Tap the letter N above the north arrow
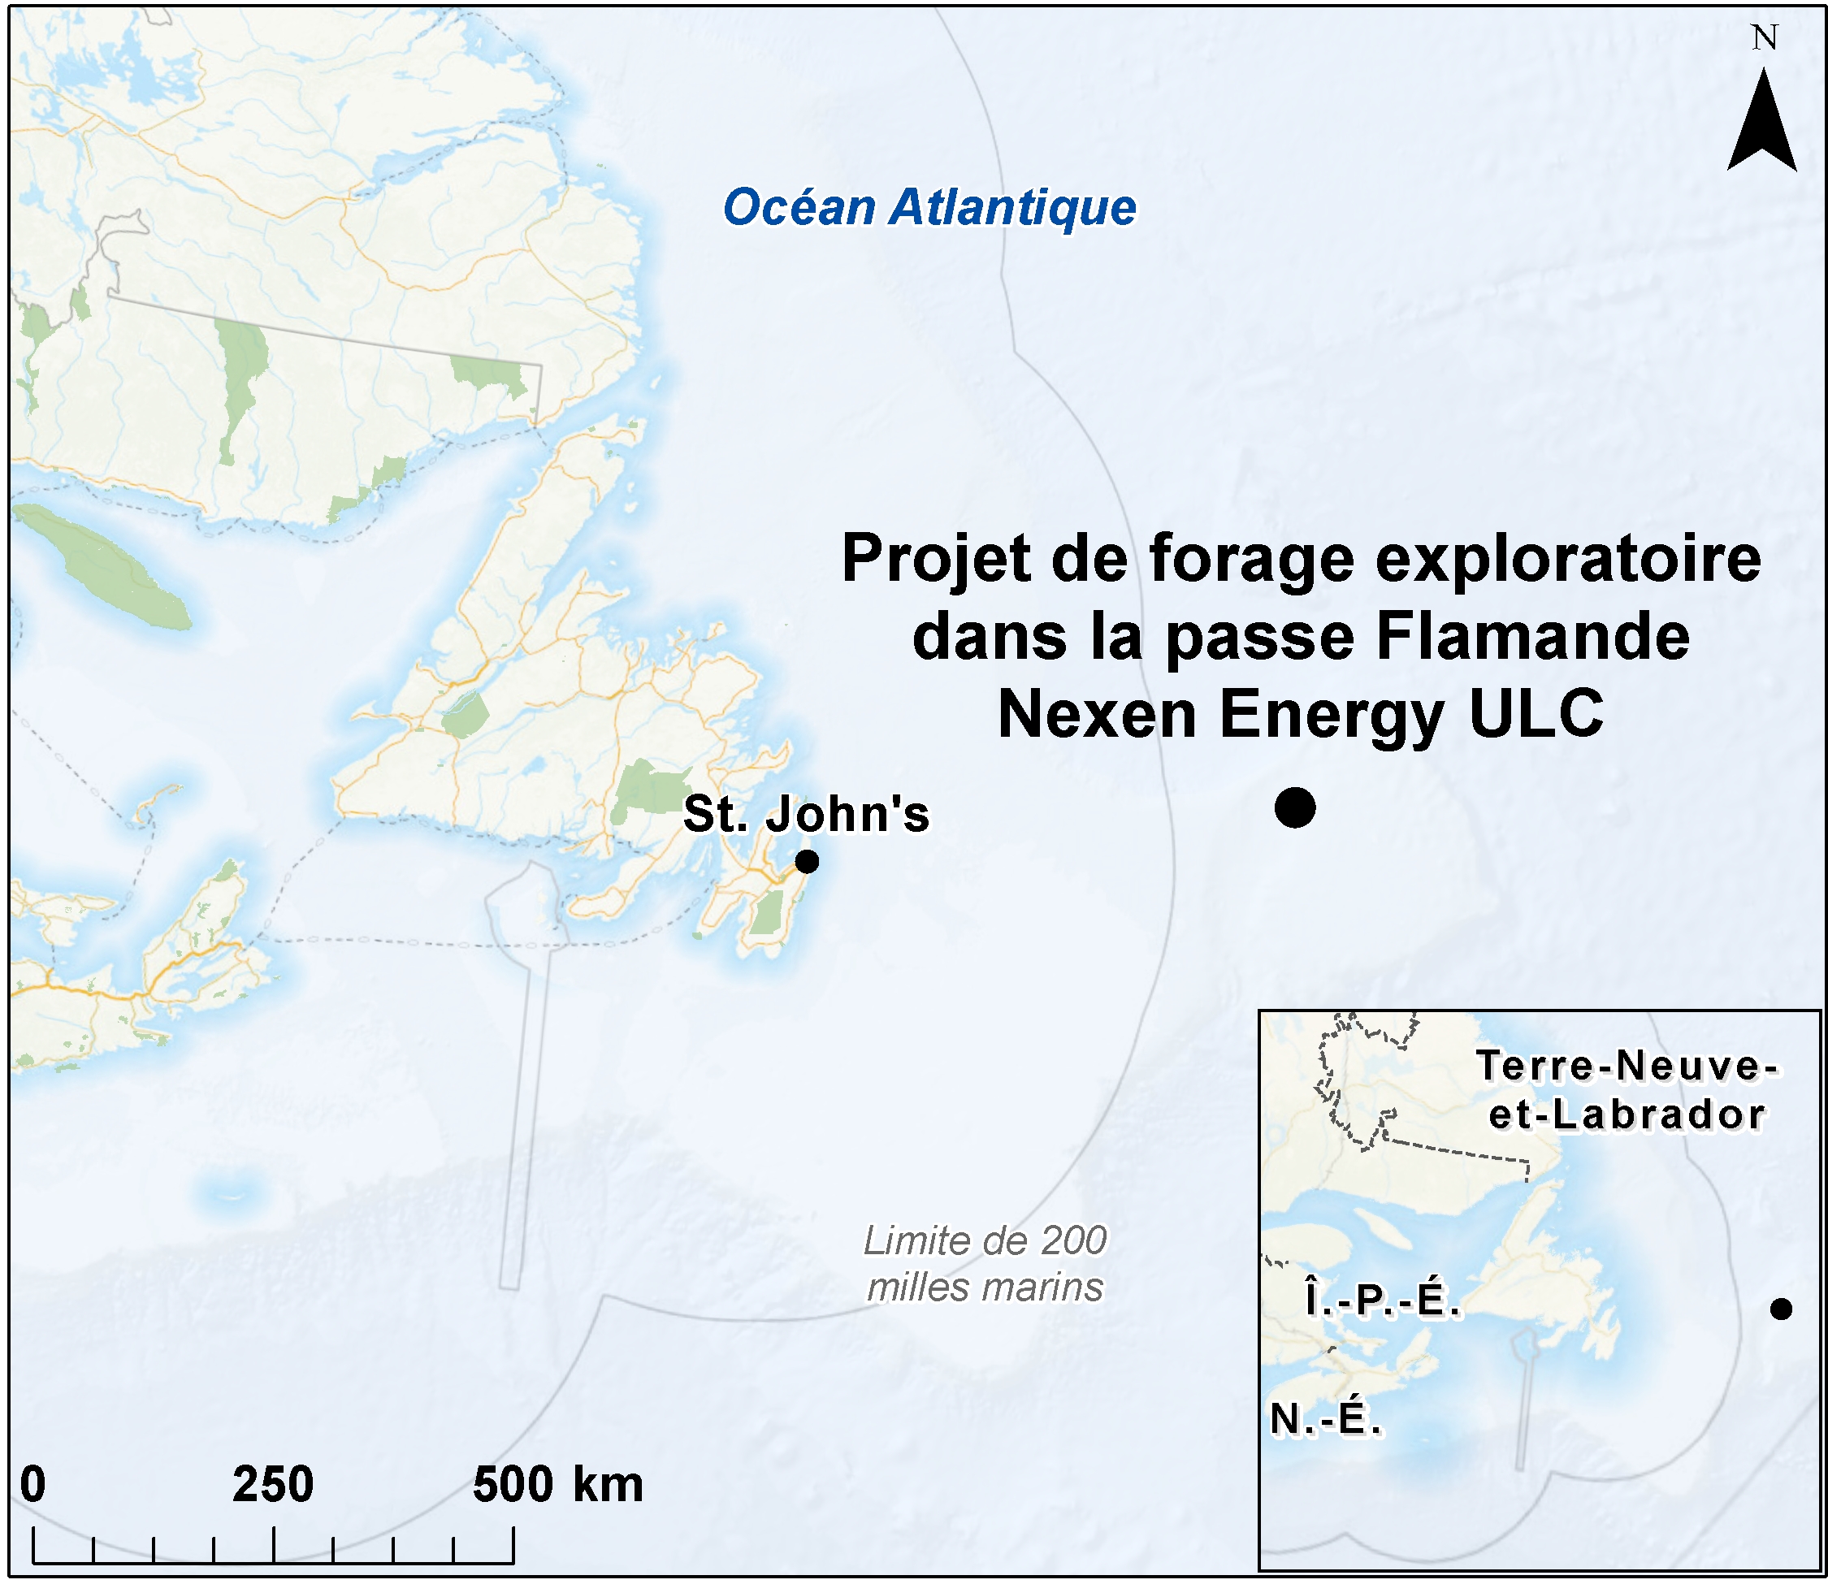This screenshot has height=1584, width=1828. tap(1765, 38)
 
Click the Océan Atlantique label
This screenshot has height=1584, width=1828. tap(929, 208)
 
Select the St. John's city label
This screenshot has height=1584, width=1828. tap(806, 814)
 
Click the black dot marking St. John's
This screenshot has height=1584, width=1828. tap(806, 861)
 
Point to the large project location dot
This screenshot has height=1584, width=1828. tap(1295, 807)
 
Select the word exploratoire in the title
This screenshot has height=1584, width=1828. tap(1568, 559)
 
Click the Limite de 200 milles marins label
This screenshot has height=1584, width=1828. tap(985, 1264)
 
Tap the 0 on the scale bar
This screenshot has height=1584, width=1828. tap(32, 1484)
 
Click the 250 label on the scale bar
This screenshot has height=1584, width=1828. tap(272, 1484)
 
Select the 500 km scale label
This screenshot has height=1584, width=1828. tap(557, 1484)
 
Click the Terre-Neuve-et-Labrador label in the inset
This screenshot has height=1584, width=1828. tap(1627, 1090)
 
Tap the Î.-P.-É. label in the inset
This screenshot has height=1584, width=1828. tap(1382, 1301)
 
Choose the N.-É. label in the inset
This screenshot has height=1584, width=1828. tap(1325, 1420)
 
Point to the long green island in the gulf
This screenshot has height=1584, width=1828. tap(102, 565)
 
